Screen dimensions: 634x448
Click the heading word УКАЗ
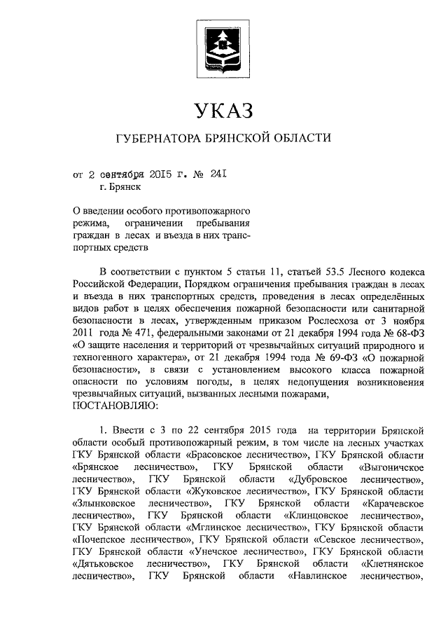coord(223,110)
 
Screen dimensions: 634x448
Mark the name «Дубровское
coord(318,479)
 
